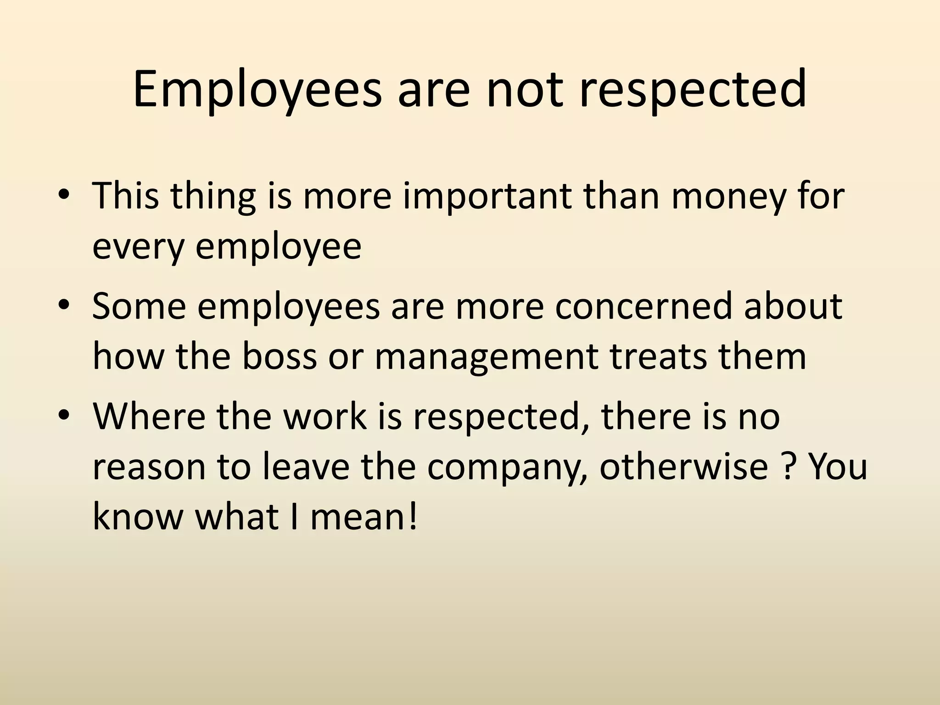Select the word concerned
point(643,306)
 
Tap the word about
point(794,306)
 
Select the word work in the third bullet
point(325,416)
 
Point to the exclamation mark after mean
point(413,516)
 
